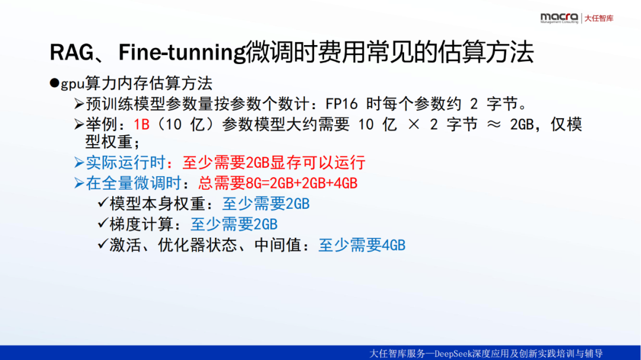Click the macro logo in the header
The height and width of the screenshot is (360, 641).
pyautogui.click(x=559, y=18)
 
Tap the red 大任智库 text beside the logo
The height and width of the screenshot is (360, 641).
pyautogui.click(x=599, y=18)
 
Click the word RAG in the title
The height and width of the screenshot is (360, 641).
pyautogui.click(x=72, y=52)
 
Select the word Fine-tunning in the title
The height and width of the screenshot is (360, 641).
pyautogui.click(x=182, y=52)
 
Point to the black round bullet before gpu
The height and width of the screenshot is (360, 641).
pyautogui.click(x=55, y=84)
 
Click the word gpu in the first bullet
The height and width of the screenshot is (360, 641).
pyautogui.click(x=72, y=84)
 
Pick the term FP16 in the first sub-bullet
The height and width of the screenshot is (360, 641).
pyautogui.click(x=341, y=104)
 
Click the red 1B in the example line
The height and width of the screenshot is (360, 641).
pyautogui.click(x=141, y=124)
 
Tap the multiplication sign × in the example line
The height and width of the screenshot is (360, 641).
pyautogui.click(x=414, y=124)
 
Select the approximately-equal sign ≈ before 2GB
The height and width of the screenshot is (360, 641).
pyautogui.click(x=494, y=124)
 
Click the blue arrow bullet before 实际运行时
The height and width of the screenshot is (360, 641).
pyautogui.click(x=79, y=163)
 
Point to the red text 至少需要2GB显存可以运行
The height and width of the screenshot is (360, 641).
pyautogui.click(x=274, y=163)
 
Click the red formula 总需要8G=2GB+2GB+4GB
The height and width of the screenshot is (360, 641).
pyautogui.click(x=278, y=183)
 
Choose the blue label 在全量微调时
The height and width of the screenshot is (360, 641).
pyautogui.click(x=134, y=183)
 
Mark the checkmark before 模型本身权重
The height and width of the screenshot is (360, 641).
pyautogui.click(x=103, y=202)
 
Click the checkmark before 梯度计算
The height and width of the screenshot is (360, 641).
pyautogui.click(x=103, y=223)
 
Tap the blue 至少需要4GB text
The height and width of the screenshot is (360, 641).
pyautogui.click(x=362, y=245)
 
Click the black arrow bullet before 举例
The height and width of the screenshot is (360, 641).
pyautogui.click(x=79, y=124)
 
